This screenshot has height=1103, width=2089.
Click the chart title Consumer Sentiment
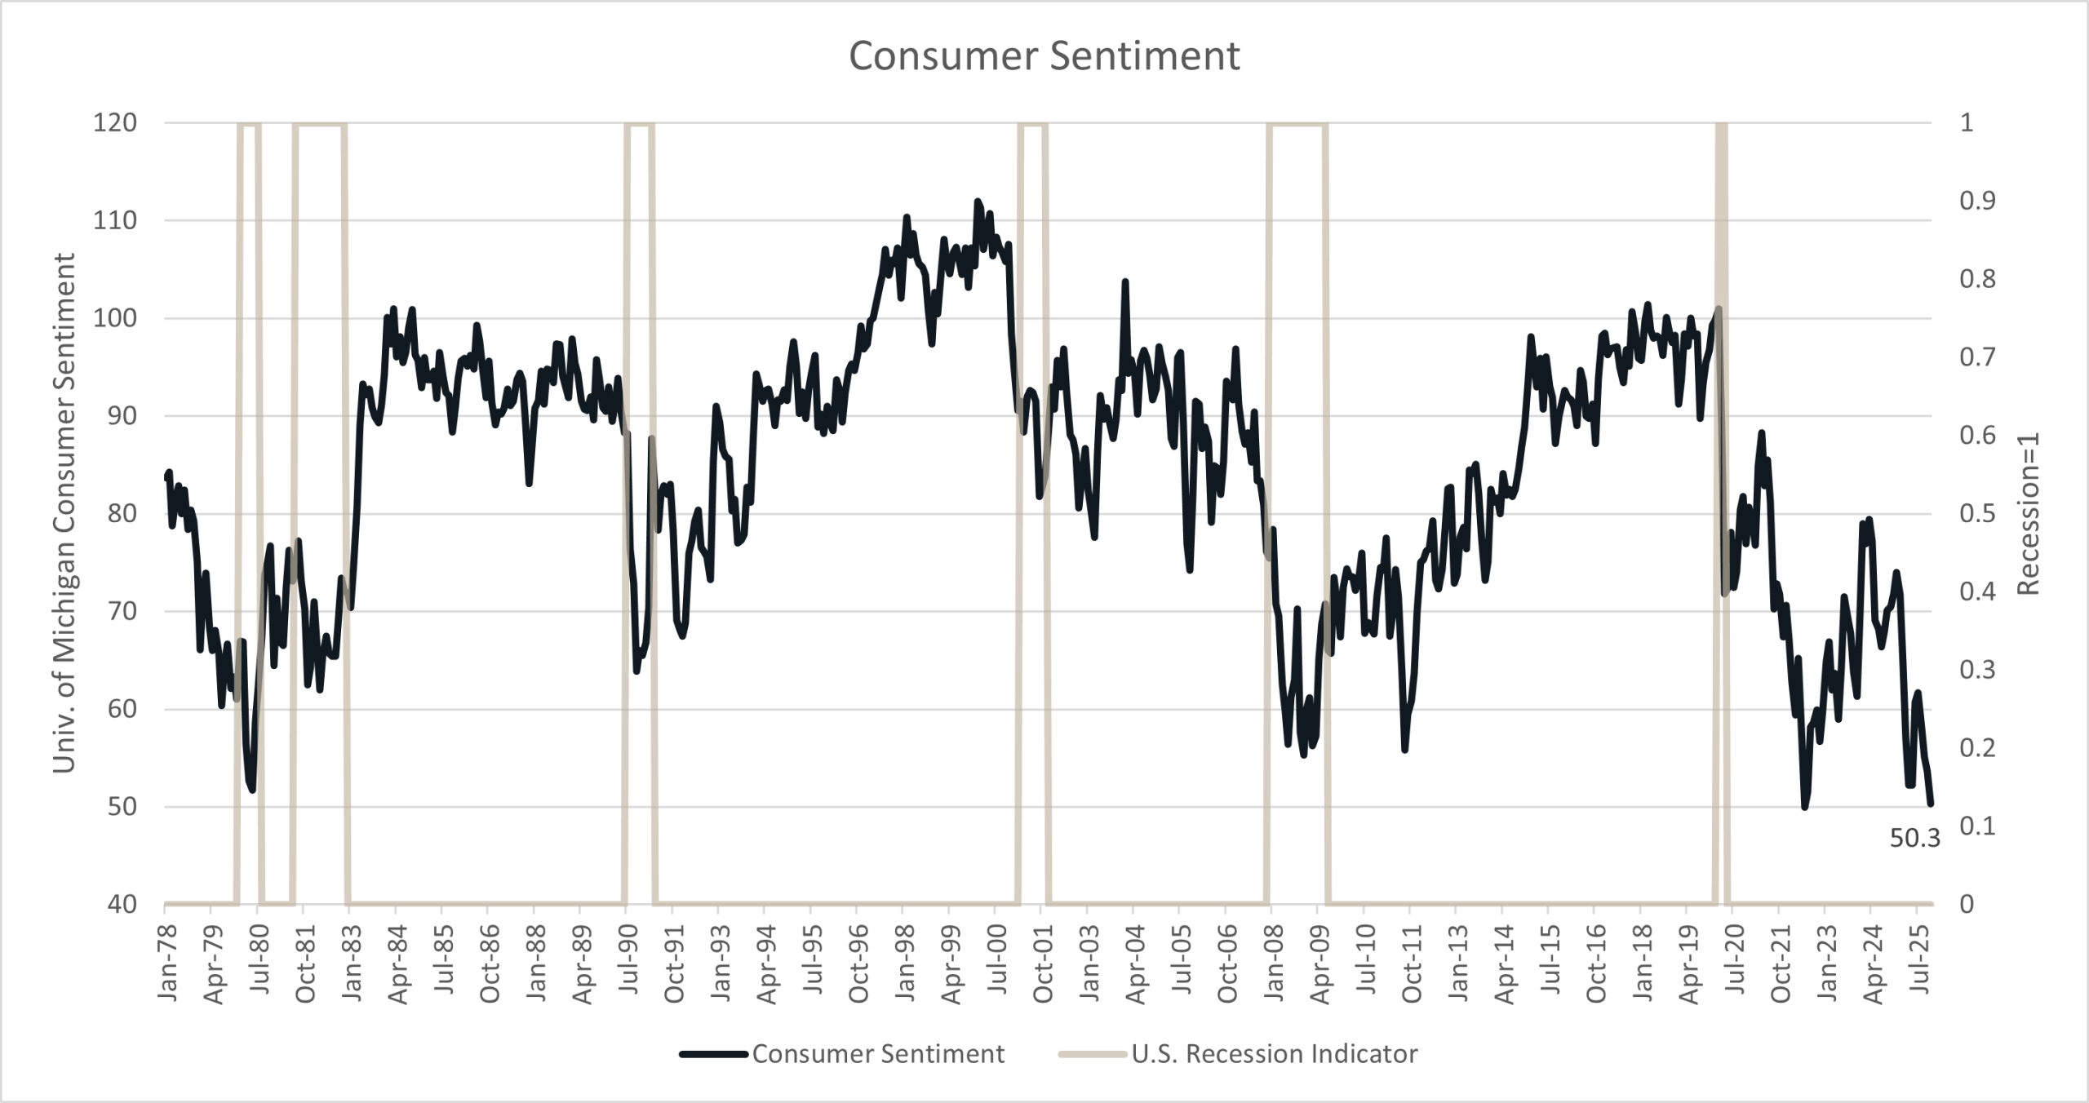coord(1044,56)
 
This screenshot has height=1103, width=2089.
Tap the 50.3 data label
coord(1914,838)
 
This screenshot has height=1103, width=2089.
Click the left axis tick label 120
coord(115,122)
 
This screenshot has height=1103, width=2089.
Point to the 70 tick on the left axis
coord(120,611)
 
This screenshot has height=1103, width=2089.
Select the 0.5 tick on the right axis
coord(1977,513)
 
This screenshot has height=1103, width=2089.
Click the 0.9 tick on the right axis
coord(1977,201)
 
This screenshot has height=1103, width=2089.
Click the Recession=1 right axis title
coord(2029,513)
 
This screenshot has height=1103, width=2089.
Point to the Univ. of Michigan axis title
coord(64,513)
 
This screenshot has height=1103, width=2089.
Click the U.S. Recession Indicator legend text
coord(1274,1054)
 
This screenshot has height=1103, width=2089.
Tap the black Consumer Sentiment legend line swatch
coord(713,1054)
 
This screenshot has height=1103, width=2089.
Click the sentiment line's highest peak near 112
coord(978,201)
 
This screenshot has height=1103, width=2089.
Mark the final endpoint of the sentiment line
coord(1930,804)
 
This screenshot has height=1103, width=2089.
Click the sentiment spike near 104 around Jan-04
coord(1125,281)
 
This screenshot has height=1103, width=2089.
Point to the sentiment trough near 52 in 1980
coord(252,789)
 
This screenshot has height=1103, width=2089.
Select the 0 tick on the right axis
coord(1967,904)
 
